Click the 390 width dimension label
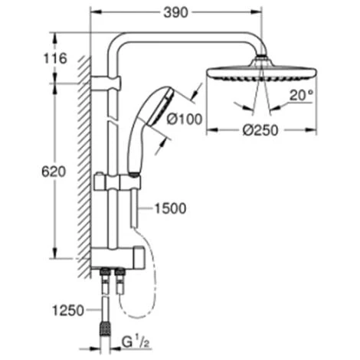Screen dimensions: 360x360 (x=176, y=12)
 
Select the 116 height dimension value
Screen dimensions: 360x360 (x=55, y=58)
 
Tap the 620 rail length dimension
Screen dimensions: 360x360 (x=54, y=172)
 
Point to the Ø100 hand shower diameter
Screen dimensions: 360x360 (x=184, y=119)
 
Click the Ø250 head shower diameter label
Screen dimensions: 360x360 (x=260, y=130)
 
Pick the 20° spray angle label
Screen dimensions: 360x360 (x=301, y=96)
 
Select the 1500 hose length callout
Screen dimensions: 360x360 (x=171, y=208)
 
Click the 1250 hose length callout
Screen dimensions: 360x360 (x=68, y=310)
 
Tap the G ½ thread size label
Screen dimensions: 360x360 (x=136, y=342)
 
